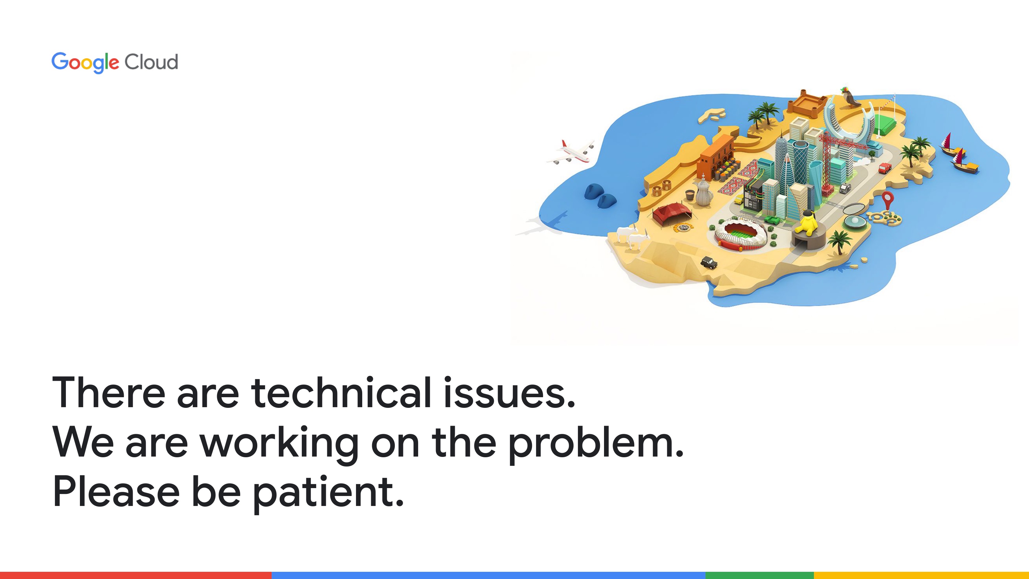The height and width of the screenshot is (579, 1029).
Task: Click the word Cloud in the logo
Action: click(151, 62)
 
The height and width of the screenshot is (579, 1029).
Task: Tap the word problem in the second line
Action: click(596, 444)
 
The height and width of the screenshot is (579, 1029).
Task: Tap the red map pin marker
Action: click(888, 199)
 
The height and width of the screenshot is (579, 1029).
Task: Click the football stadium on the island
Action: click(741, 234)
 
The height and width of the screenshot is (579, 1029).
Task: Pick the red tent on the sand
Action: click(673, 214)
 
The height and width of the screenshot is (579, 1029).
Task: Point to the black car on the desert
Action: click(709, 262)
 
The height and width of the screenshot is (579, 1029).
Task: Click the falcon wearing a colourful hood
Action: click(850, 97)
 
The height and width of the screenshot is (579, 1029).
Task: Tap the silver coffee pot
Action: click(704, 192)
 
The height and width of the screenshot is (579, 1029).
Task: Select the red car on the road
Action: click(885, 167)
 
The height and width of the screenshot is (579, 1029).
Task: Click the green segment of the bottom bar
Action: click(759, 576)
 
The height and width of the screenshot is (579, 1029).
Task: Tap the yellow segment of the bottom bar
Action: click(922, 576)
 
